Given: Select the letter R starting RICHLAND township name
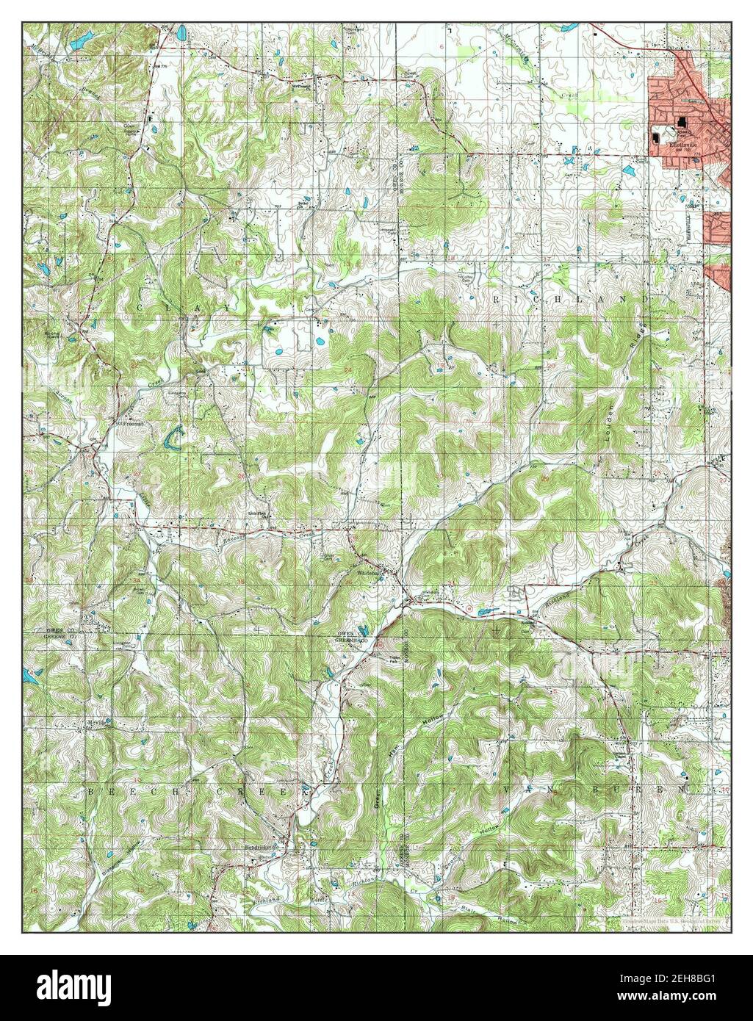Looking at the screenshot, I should tap(497, 300).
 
